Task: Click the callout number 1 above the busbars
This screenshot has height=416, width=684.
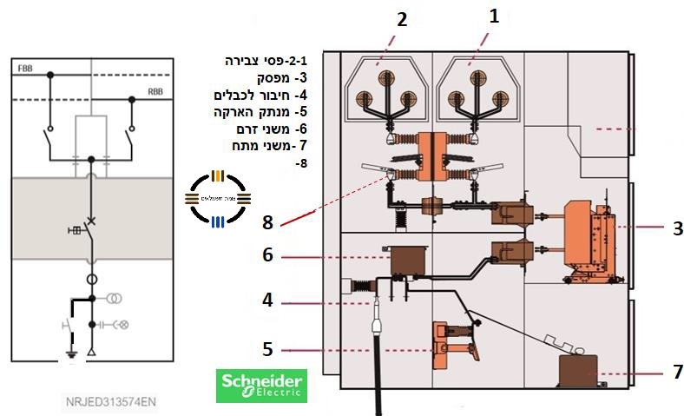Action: pos(494,15)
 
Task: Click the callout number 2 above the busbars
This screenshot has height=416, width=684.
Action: pos(401,19)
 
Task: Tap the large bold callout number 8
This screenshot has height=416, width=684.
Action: pos(267,222)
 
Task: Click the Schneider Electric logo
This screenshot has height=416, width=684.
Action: pos(260,385)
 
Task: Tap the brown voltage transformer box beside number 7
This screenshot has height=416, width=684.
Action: pos(575,371)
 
